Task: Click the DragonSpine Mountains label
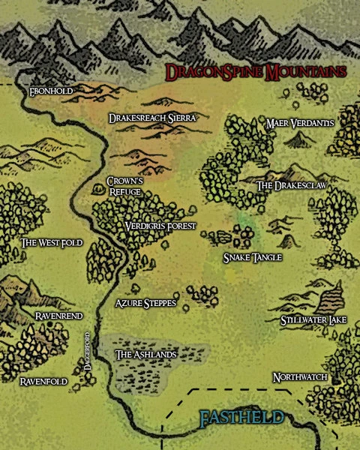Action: pyautogui.click(x=256, y=73)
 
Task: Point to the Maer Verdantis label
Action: pyautogui.click(x=300, y=123)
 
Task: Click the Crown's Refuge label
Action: pyautogui.click(x=124, y=186)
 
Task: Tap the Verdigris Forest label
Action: pyautogui.click(x=160, y=226)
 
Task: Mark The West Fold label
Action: pyautogui.click(x=52, y=243)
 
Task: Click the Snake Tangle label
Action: pyautogui.click(x=252, y=257)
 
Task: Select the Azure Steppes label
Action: pyautogui.click(x=145, y=303)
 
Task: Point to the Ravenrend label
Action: pyautogui.click(x=52, y=316)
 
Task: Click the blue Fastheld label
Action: pyautogui.click(x=241, y=418)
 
